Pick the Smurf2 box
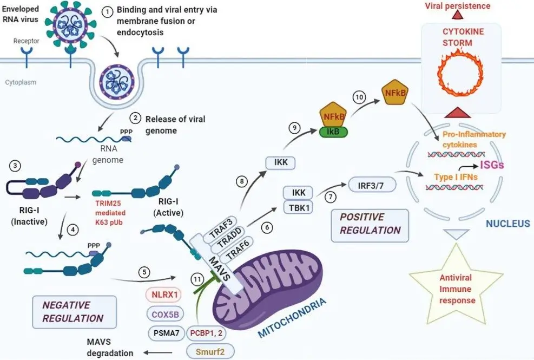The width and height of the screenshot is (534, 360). pyautogui.click(x=207, y=350)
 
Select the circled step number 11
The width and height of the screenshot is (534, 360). pyautogui.click(x=199, y=279)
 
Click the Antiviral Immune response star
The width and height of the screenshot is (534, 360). pyautogui.click(x=455, y=291)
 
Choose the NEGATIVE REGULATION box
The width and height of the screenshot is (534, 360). pyautogui.click(x=74, y=311)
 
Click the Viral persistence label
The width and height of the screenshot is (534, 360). pyautogui.click(x=457, y=6)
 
